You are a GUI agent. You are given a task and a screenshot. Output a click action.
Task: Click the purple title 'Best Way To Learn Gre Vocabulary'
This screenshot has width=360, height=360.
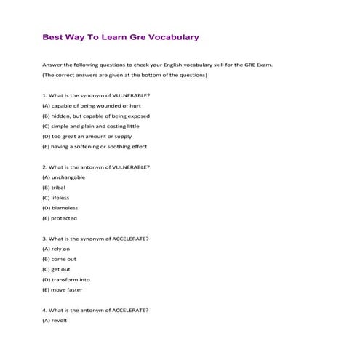pyautogui.click(x=121, y=37)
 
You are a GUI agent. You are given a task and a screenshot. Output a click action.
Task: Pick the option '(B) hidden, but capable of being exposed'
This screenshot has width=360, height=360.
pyautogui.click(x=96, y=116)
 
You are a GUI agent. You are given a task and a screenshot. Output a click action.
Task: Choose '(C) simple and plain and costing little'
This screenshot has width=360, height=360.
pyautogui.click(x=90, y=126)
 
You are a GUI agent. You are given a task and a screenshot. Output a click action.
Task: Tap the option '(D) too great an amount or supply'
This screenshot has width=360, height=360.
pyautogui.click(x=87, y=136)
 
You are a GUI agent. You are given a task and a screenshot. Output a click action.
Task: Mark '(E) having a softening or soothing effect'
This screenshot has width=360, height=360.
pyautogui.click(x=95, y=146)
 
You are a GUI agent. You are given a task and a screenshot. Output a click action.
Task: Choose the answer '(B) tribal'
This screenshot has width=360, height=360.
pyautogui.click(x=54, y=187)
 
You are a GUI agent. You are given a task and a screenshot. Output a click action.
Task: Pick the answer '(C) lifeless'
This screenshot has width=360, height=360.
pyautogui.click(x=56, y=197)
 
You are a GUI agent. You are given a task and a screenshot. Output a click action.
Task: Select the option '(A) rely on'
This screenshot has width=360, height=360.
pyautogui.click(x=56, y=249)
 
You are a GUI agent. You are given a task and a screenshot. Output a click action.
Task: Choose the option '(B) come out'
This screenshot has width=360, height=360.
pyautogui.click(x=59, y=259)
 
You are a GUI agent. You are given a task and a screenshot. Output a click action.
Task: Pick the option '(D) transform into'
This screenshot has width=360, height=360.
pyautogui.click(x=66, y=279)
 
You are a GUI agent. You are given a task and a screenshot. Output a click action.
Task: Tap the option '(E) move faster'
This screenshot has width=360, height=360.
pyautogui.click(x=65, y=289)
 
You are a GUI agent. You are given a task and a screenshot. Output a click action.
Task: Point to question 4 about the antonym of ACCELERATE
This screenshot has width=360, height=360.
pyautogui.click(x=95, y=310)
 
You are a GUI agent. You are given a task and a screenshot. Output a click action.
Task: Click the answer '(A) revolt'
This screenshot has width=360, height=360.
pyautogui.click(x=55, y=320)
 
